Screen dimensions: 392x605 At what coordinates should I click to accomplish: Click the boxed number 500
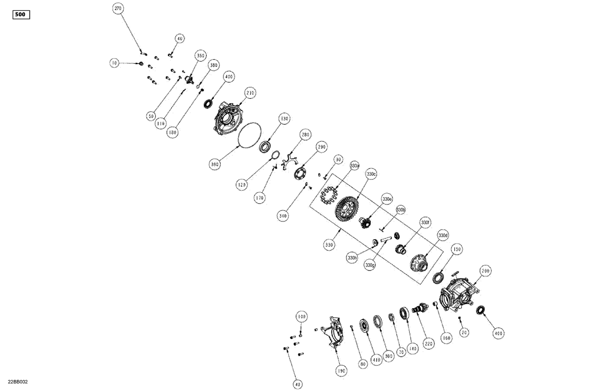[21, 15]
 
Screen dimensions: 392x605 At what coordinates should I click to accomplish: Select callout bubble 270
[118, 8]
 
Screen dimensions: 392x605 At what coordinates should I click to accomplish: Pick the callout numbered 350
[200, 56]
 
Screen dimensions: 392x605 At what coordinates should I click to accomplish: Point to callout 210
[250, 93]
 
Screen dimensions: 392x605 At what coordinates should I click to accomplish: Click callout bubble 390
[215, 164]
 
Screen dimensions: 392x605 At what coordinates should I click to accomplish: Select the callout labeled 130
[285, 119]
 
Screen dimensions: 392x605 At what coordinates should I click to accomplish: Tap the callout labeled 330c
[371, 174]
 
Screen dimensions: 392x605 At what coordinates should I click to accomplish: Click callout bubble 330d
[443, 236]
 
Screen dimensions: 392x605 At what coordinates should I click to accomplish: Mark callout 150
[457, 249]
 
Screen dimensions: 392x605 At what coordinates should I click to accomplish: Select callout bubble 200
[486, 271]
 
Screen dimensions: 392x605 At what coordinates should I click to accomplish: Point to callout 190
[341, 371]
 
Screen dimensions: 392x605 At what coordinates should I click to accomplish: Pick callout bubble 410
[376, 360]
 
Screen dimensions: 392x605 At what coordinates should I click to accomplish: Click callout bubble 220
[428, 344]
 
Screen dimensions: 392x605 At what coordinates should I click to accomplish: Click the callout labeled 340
[283, 216]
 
